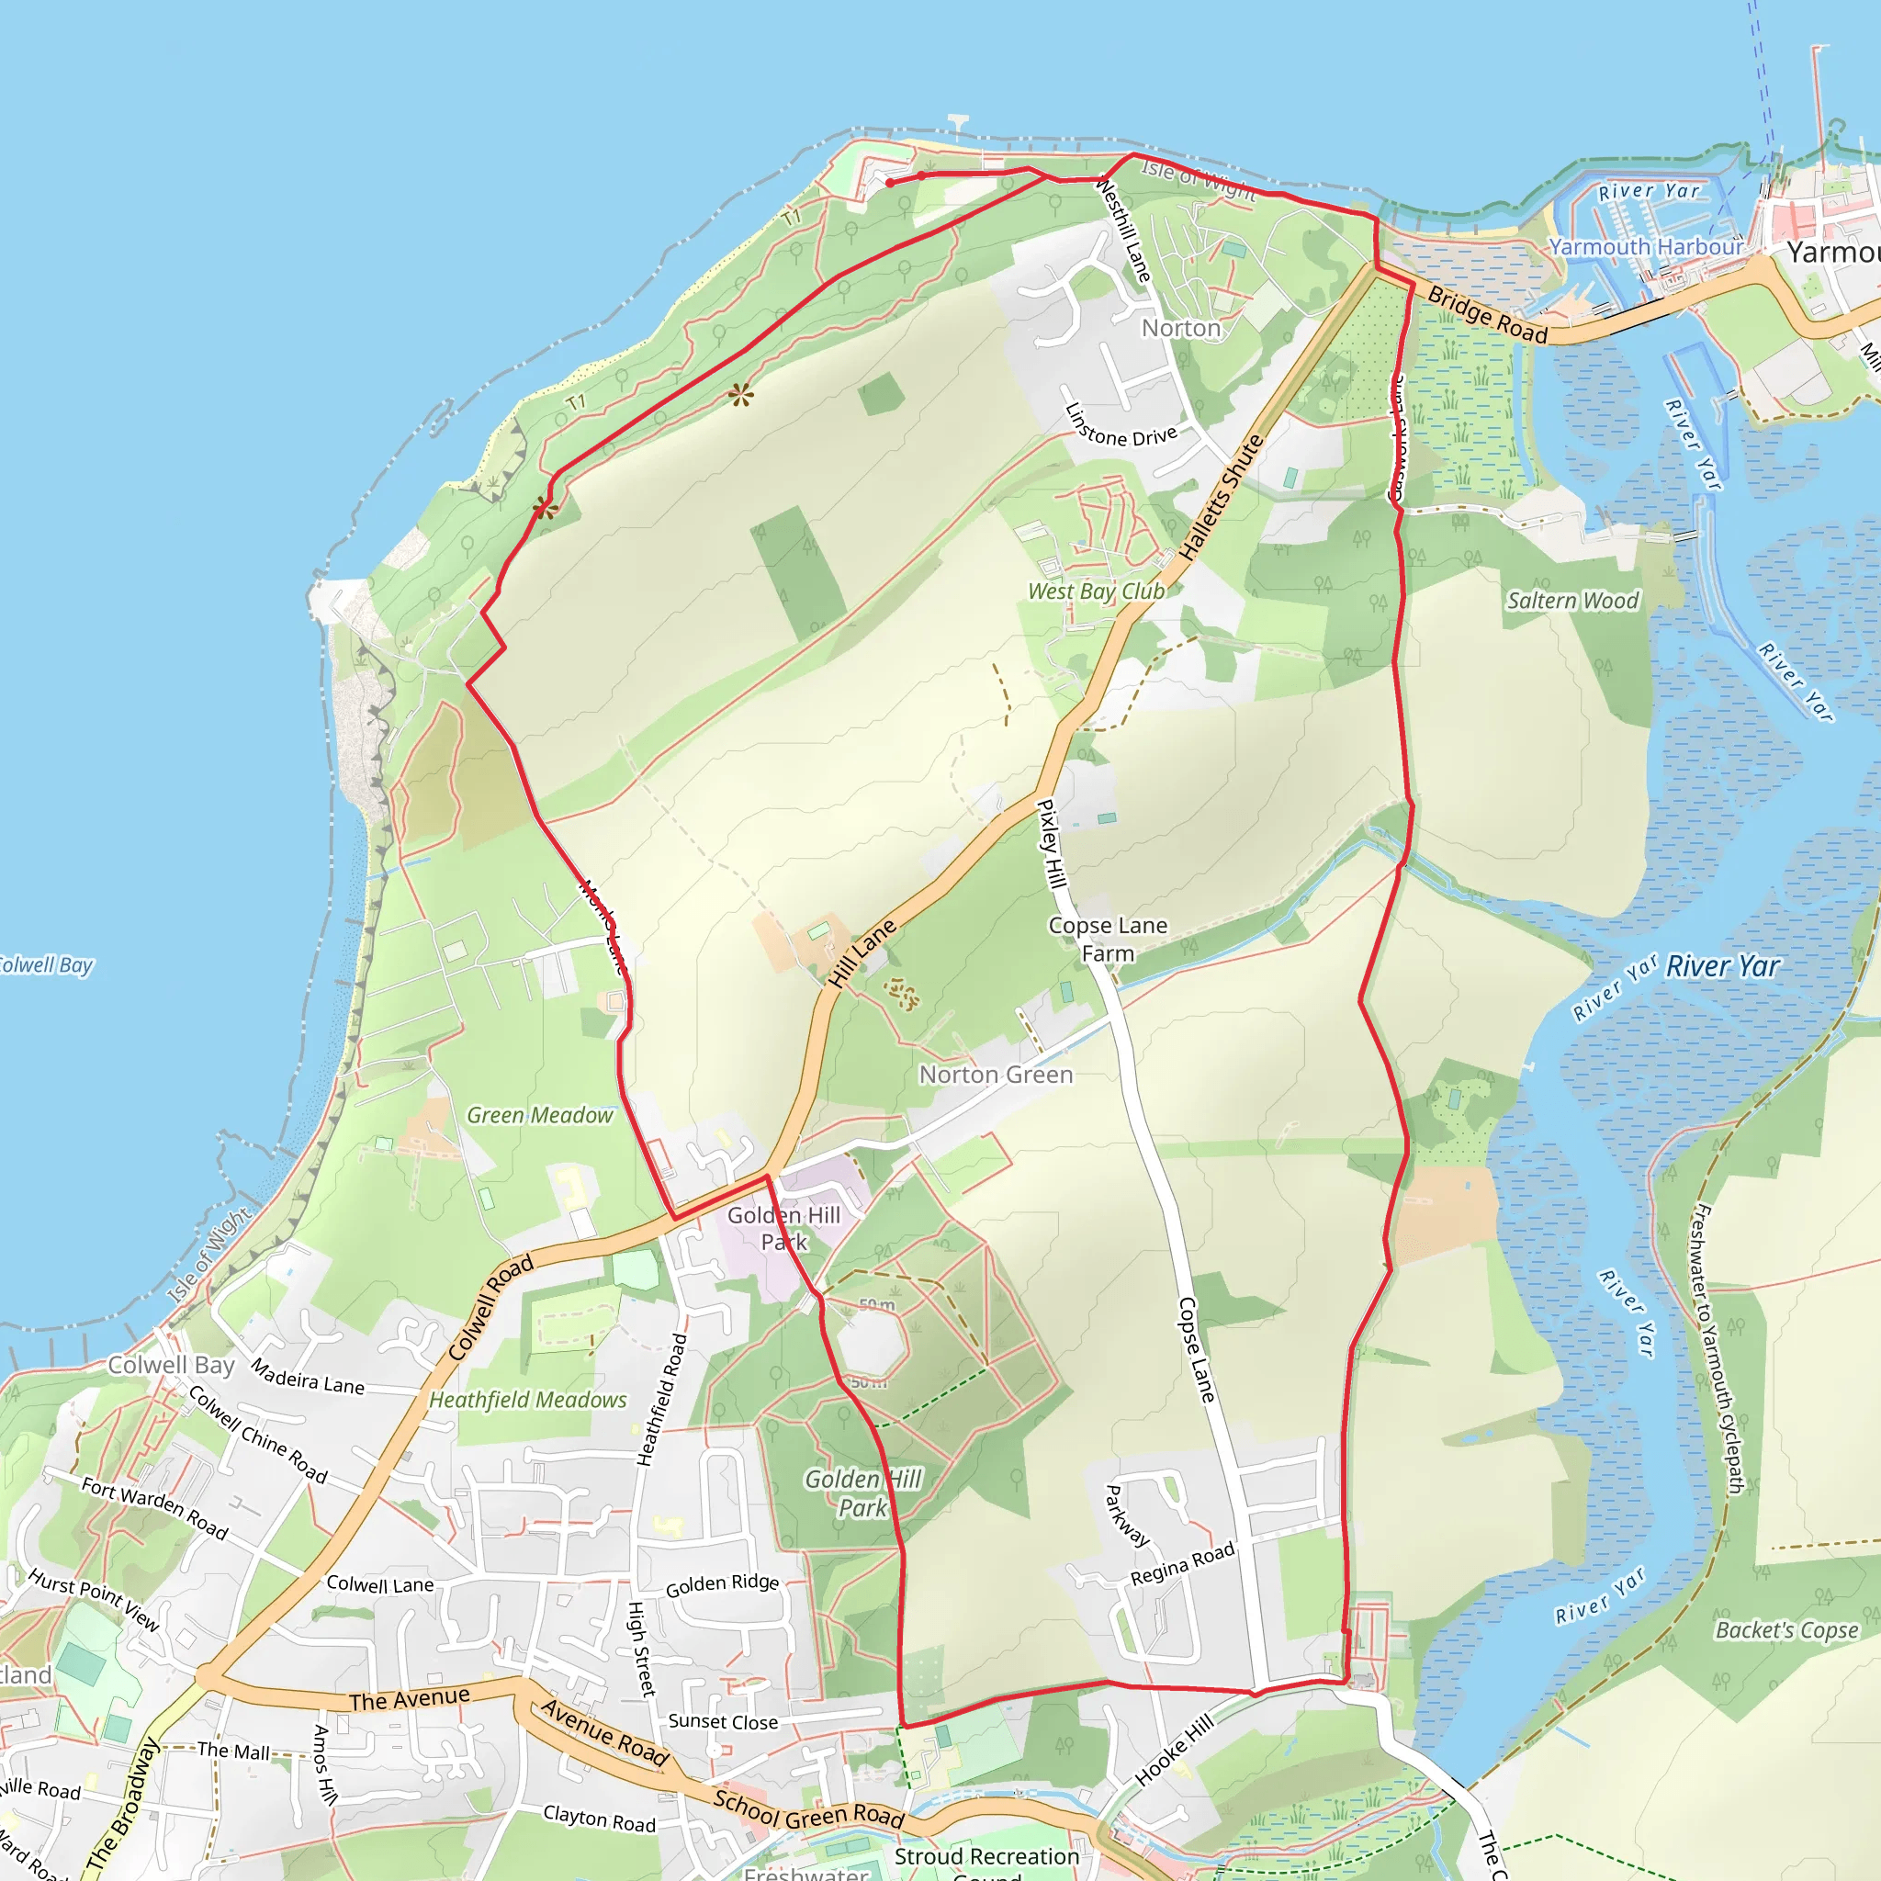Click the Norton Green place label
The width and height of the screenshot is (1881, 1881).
coord(996,1075)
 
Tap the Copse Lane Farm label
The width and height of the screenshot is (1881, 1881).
coord(1108,940)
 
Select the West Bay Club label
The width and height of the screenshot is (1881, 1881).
coord(1097,591)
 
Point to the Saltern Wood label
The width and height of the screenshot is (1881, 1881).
coord(1572,601)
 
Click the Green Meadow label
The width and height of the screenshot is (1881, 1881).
coord(540,1115)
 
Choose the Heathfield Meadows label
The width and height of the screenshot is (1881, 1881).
coord(529,1400)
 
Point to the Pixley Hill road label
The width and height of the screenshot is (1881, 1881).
coord(1049,843)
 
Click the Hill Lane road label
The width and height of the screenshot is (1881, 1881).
coord(862,954)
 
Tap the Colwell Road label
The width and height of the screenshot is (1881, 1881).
coord(490,1307)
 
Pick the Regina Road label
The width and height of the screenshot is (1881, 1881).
coord(1182,1562)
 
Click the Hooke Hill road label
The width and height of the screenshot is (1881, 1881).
coord(1175,1750)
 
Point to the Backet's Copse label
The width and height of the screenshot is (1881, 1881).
coord(1786,1631)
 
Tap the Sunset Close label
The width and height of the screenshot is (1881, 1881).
coord(724,1721)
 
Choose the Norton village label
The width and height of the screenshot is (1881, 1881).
coord(1181,328)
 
